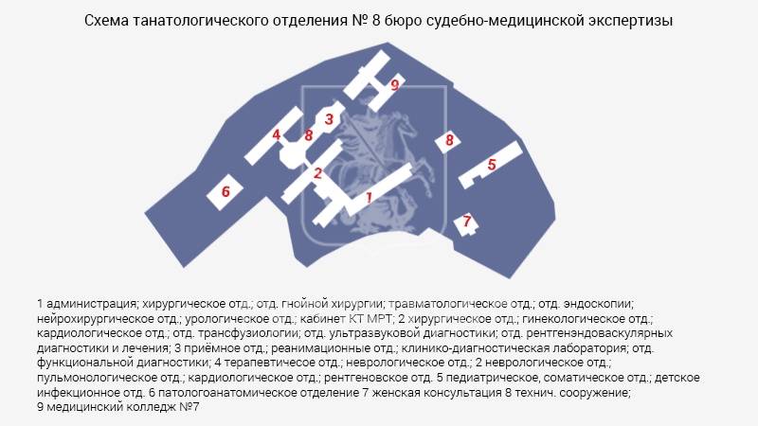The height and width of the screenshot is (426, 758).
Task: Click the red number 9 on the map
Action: pos(395,85)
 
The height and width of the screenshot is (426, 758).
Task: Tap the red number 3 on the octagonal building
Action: pos(329,119)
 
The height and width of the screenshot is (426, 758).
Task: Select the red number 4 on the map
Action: pos(276,134)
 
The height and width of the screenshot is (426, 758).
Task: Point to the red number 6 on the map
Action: pos(226,192)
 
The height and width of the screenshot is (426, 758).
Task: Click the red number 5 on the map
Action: pos(492,165)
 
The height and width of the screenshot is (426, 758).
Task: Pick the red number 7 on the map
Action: pos(466,222)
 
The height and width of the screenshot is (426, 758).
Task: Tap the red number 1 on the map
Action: pos(369,197)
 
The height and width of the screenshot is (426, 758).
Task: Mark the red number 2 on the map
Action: pos(317,173)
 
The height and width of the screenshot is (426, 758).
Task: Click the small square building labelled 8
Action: pos(447,140)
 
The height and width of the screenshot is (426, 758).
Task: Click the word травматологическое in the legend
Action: pos(460,304)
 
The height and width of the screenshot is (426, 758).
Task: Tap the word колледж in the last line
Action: pos(152,407)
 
